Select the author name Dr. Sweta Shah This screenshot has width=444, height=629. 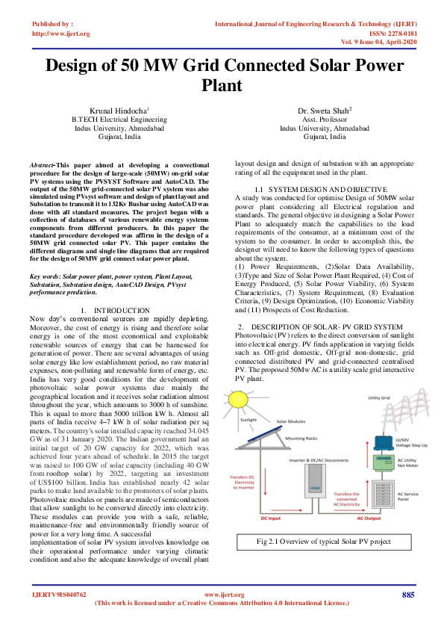324,110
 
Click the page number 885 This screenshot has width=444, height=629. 407,595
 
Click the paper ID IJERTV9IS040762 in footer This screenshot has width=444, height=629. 59,595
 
